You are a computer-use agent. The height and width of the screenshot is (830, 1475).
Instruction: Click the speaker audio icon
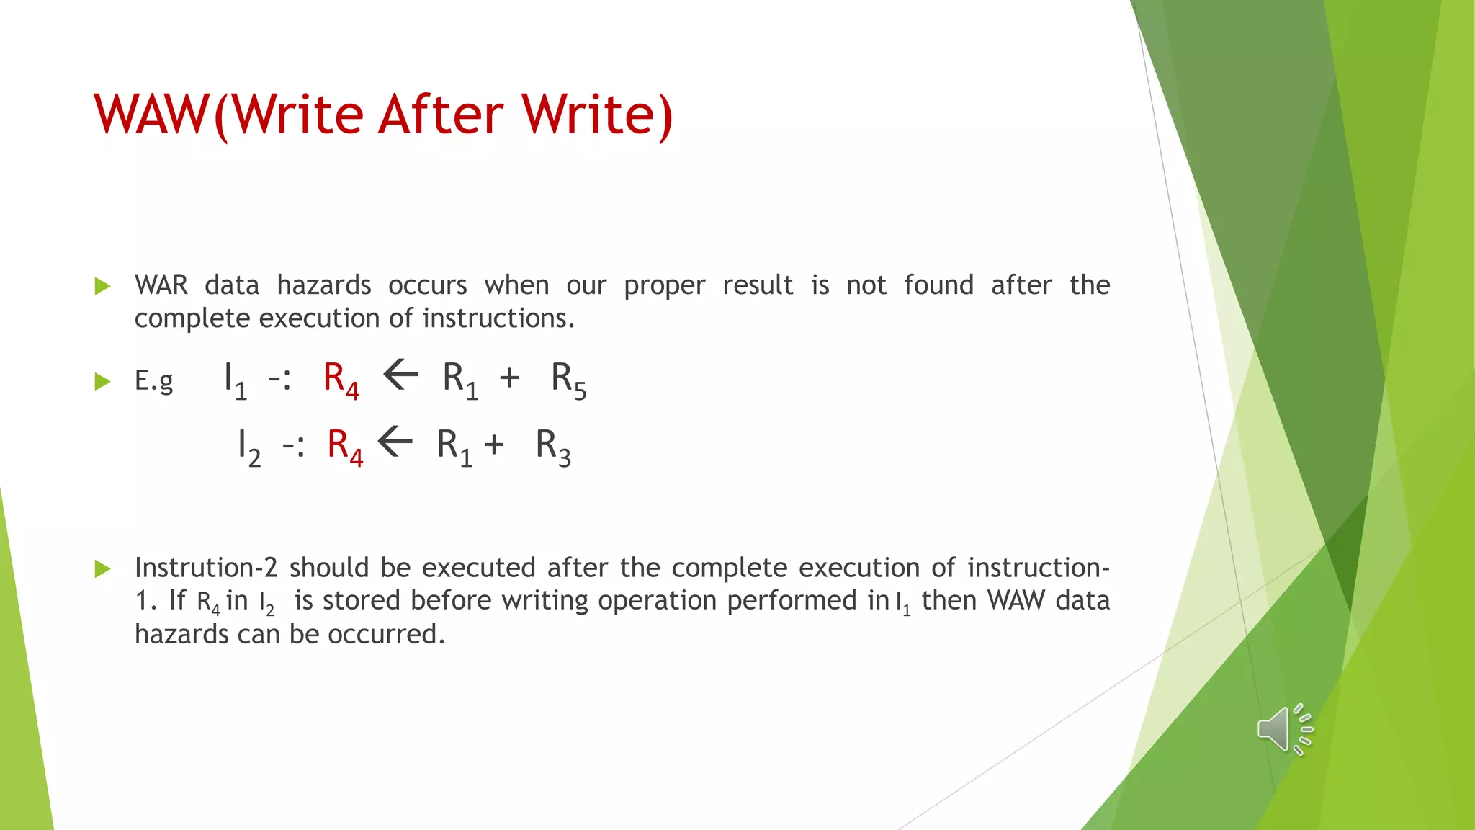(x=1283, y=729)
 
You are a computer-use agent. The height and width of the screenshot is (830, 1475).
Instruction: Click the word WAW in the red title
(x=150, y=115)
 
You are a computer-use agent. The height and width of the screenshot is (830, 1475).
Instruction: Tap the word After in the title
(x=440, y=115)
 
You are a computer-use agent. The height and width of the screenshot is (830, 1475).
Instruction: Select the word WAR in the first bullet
(x=161, y=285)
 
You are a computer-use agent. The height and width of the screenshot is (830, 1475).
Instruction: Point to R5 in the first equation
(x=568, y=380)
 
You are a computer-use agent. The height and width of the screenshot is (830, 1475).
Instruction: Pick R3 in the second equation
(x=553, y=447)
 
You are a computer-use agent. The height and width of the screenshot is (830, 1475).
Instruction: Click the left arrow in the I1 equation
(x=400, y=375)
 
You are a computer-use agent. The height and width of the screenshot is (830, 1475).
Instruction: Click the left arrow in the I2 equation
(x=395, y=442)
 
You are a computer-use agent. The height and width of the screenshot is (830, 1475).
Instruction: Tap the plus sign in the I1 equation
(x=509, y=378)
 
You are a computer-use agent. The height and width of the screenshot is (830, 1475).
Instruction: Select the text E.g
(x=153, y=380)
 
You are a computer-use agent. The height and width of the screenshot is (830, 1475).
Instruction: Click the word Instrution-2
(x=206, y=568)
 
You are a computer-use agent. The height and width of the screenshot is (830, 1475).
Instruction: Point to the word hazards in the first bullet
(x=323, y=285)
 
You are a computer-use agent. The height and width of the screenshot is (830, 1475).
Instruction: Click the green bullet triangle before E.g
(x=102, y=381)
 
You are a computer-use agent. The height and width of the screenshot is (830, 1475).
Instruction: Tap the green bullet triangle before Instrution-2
(x=102, y=569)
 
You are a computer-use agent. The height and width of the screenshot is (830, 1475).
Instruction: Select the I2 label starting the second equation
(x=248, y=447)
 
